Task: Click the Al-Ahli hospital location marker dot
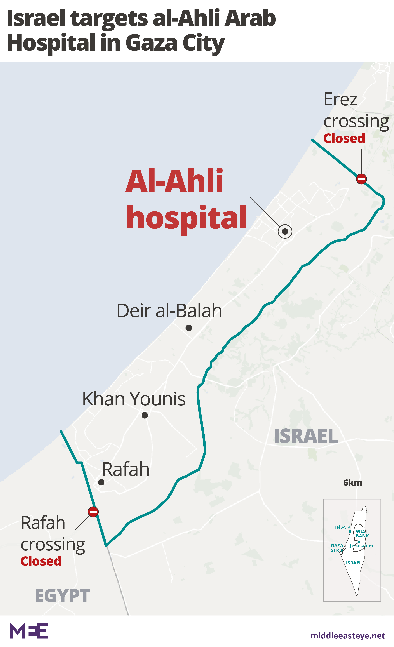point(285,231)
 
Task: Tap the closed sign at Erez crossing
point(361,179)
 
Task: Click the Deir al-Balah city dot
point(189,328)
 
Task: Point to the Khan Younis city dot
point(145,415)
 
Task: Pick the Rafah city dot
point(101,482)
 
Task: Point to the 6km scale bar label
point(353,483)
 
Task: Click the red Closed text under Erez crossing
point(344,138)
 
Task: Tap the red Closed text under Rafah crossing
point(41,561)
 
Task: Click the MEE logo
point(29,630)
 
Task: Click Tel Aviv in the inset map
point(342,527)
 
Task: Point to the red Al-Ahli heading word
point(174,181)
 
